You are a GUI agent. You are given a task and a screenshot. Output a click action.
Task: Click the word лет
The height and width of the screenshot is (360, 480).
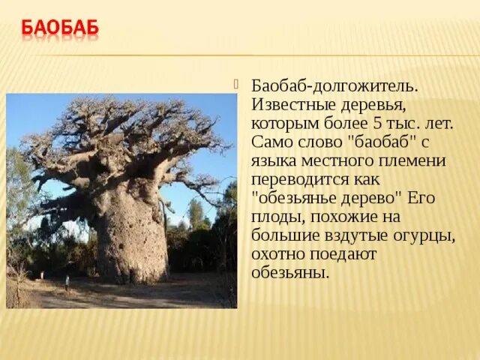click(436, 121)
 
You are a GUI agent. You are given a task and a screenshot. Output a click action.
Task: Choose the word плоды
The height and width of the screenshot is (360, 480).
click(274, 216)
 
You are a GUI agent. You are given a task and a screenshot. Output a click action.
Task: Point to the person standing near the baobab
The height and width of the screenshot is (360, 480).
click(67, 283)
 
